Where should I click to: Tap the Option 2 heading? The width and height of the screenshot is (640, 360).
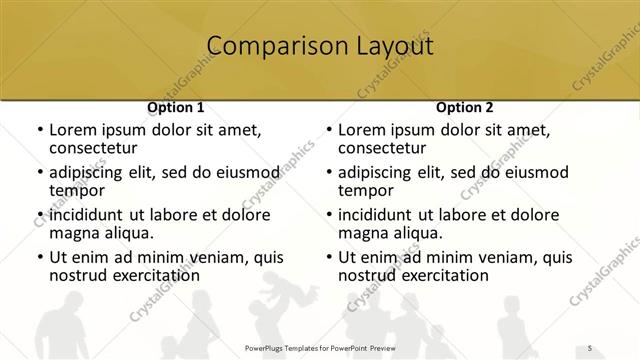click(x=464, y=106)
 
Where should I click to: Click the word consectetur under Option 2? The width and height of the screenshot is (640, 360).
click(x=381, y=148)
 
